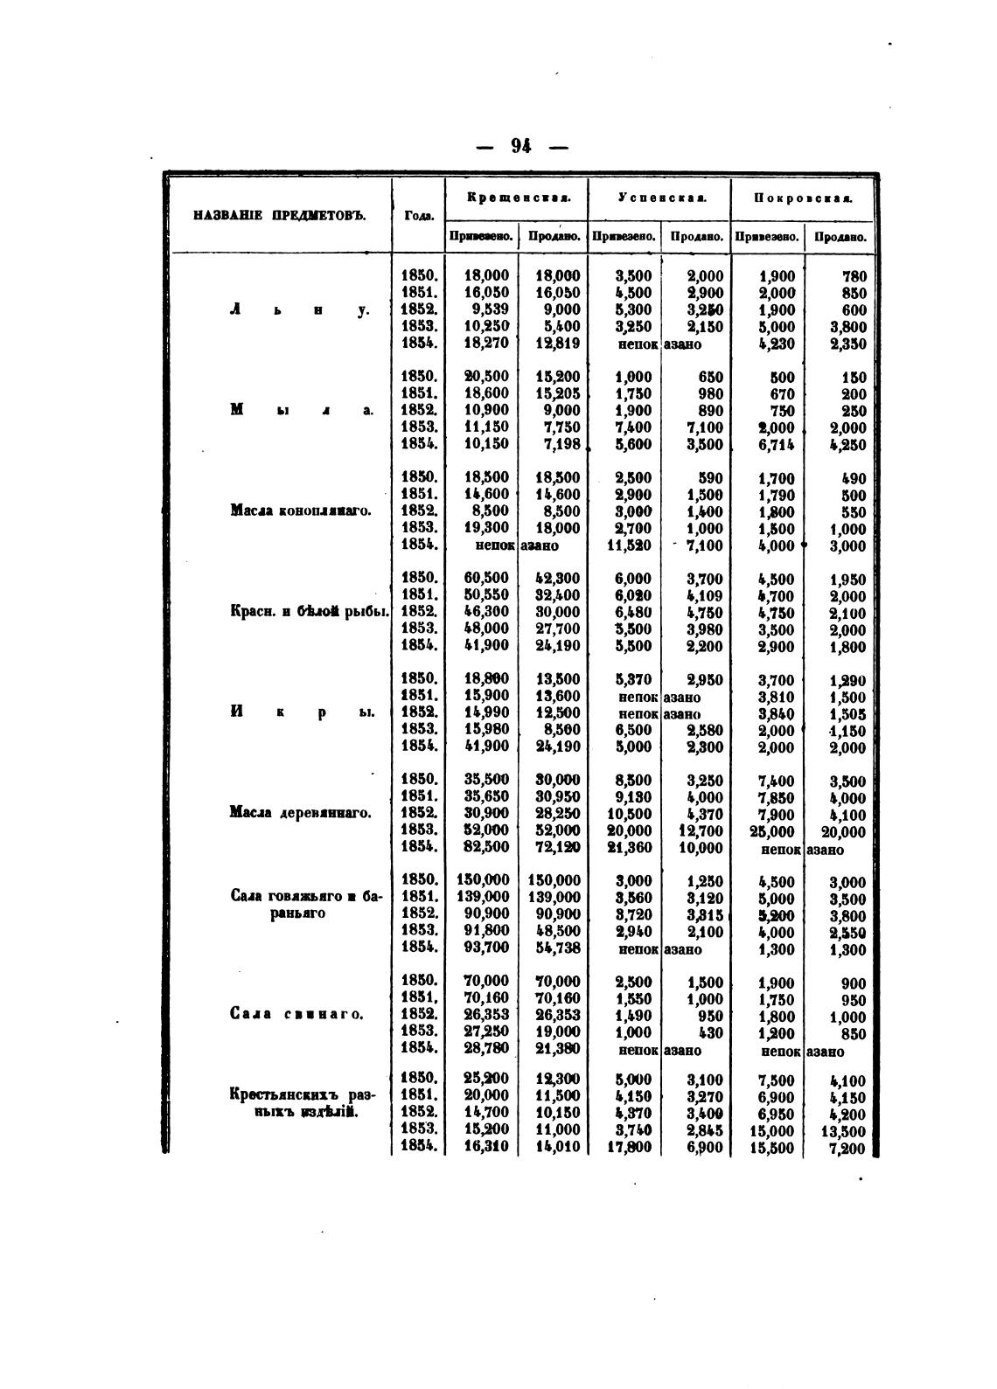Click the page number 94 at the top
pos(521,146)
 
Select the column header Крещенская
pos(519,198)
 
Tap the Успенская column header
pos(660,198)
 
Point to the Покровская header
pos(803,198)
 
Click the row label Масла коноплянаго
pos(300,510)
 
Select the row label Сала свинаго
pos(296,1014)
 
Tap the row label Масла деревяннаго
pos(300,813)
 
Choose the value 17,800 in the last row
pos(630,1148)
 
